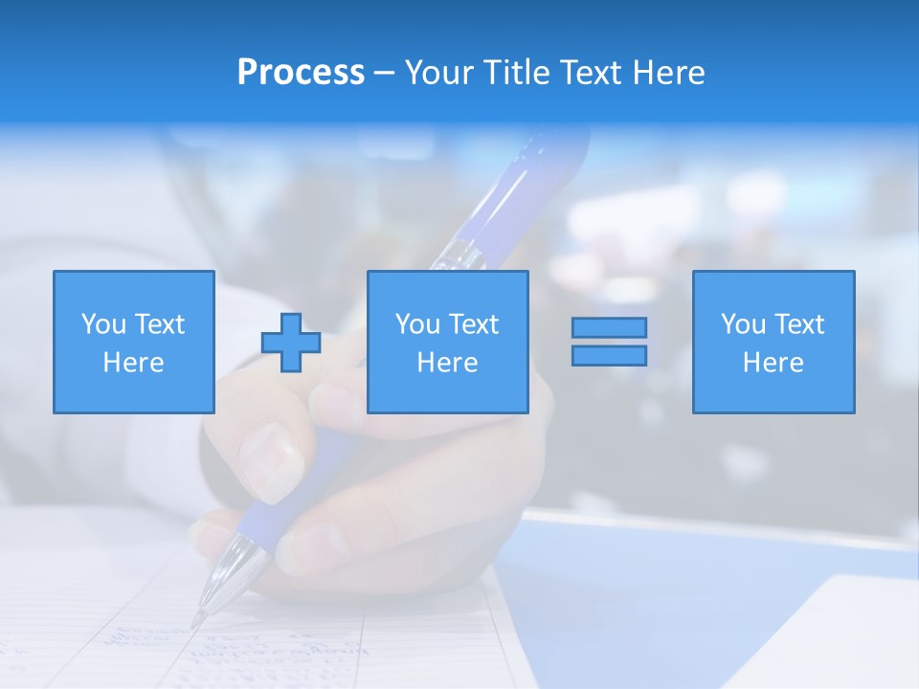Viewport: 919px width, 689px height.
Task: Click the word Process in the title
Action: pos(301,73)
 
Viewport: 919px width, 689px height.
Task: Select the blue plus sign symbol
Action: pos(291,343)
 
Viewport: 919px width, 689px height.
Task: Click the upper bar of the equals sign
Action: pos(609,327)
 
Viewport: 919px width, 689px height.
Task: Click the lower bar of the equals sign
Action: pos(609,355)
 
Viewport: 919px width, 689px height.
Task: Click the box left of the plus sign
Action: pos(134,342)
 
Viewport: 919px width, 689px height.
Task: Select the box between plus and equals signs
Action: pos(447,342)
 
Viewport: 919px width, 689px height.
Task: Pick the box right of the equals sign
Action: pos(773,342)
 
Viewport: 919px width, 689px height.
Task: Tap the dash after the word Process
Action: pos(384,73)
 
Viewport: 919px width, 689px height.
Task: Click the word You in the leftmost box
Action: pos(102,324)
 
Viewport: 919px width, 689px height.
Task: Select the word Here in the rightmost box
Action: pos(773,362)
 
